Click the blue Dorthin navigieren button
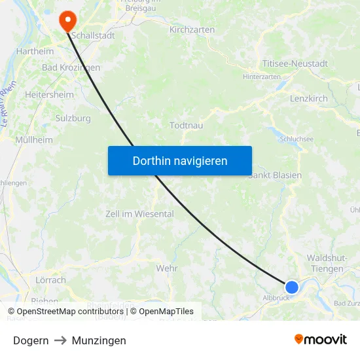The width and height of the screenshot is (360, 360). pyautogui.click(x=180, y=160)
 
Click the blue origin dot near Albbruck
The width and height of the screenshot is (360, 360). pyautogui.click(x=292, y=287)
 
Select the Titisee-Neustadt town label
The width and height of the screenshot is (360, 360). pyautogui.click(x=295, y=63)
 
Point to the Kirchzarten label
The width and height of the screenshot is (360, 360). pyautogui.click(x=192, y=29)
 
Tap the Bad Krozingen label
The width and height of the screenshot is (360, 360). pyautogui.click(x=71, y=67)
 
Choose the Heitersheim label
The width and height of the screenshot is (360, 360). pyautogui.click(x=49, y=94)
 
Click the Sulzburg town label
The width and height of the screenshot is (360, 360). pyautogui.click(x=73, y=118)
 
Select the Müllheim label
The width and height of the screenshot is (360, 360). pyautogui.click(x=33, y=139)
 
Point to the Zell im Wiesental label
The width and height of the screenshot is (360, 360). pyautogui.click(x=139, y=213)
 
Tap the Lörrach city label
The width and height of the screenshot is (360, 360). pyautogui.click(x=50, y=279)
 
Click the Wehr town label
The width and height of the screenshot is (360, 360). pyautogui.click(x=167, y=268)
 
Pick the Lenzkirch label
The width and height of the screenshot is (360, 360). pyautogui.click(x=308, y=98)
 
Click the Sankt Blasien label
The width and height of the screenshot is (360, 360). pyautogui.click(x=276, y=175)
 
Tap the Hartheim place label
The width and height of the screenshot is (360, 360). pyautogui.click(x=34, y=50)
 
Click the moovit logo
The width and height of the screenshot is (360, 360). pyautogui.click(x=321, y=340)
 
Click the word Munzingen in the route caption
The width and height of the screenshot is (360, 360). pyautogui.click(x=99, y=340)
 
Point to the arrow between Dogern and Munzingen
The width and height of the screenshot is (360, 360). pyautogui.click(x=60, y=340)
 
